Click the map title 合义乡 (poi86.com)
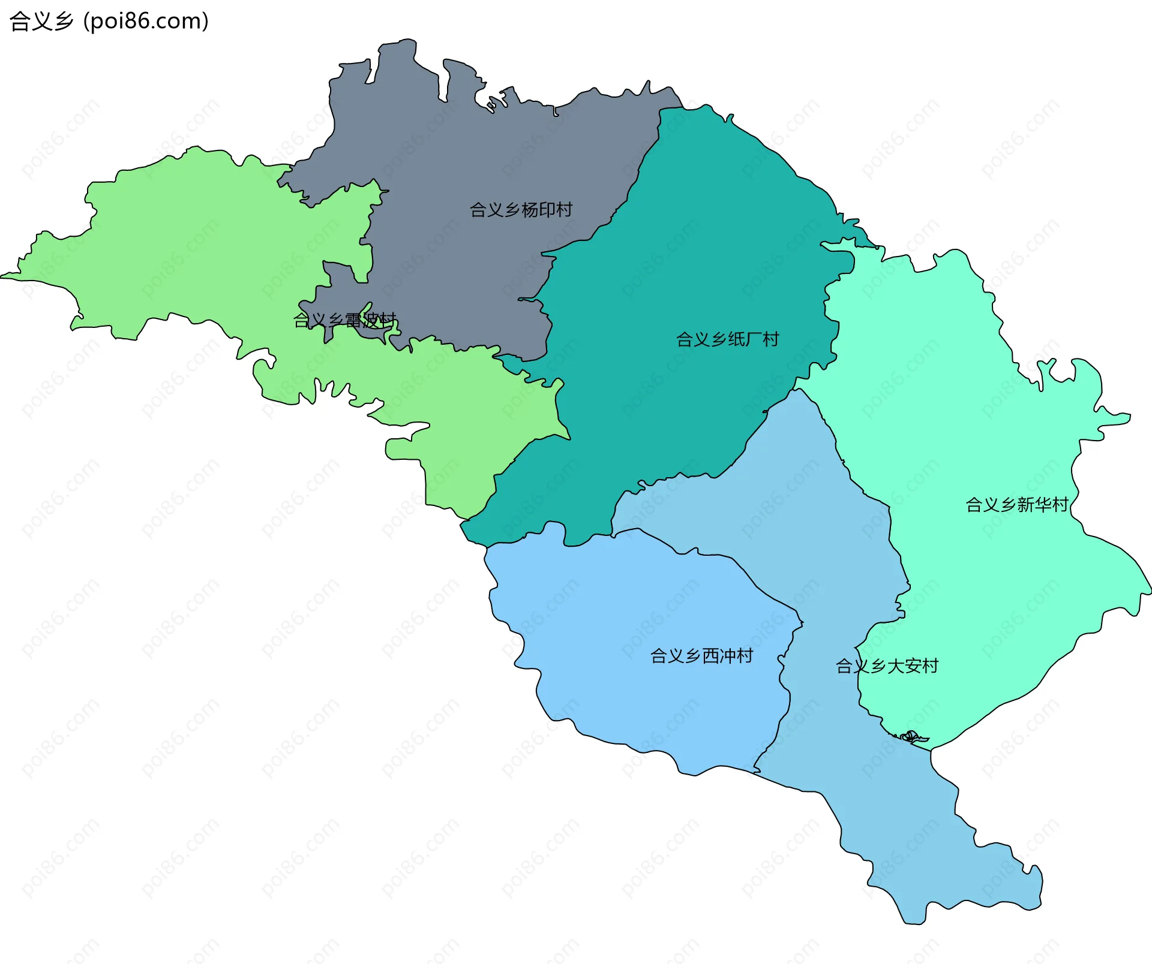[109, 21]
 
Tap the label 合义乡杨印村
[521, 210]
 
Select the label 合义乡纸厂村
[727, 339]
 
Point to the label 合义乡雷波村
[344, 320]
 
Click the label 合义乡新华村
[1017, 505]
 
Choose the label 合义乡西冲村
[701, 656]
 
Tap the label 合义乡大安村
[887, 666]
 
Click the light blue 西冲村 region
[630, 689]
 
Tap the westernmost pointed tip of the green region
[2, 276]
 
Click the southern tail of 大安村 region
[960, 869]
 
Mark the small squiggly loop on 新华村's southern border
[910, 736]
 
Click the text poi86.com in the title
[146, 21]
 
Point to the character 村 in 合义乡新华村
[1060, 505]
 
